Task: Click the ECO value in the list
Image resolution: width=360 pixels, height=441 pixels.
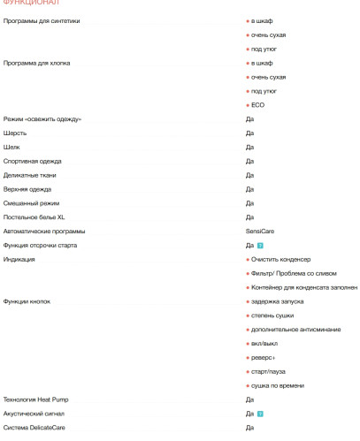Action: click(x=257, y=105)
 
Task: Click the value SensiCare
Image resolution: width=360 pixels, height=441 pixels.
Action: click(x=261, y=231)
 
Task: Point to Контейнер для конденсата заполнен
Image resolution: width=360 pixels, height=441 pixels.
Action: click(x=304, y=288)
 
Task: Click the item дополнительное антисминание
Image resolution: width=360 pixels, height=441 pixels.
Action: click(x=291, y=331)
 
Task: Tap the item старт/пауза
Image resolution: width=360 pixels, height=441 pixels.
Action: click(x=271, y=372)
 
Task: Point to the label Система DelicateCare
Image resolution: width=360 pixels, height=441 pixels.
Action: click(x=34, y=429)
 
